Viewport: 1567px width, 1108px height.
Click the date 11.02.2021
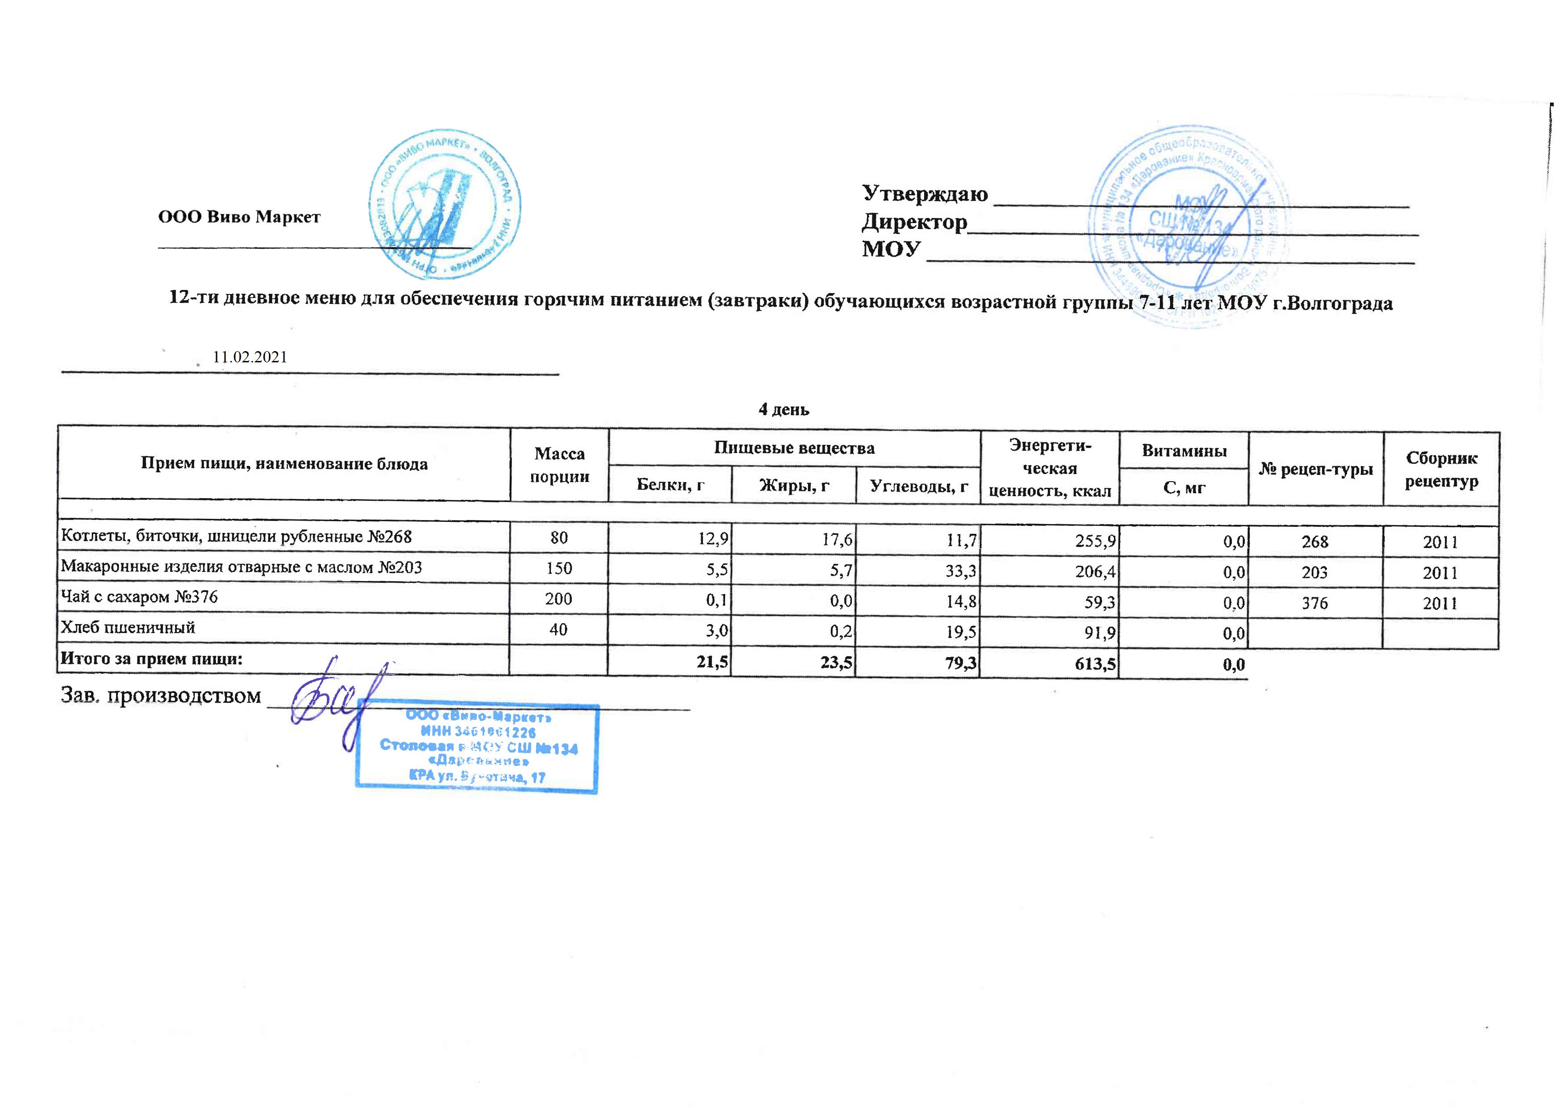tap(250, 357)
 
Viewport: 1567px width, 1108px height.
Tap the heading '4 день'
tap(783, 410)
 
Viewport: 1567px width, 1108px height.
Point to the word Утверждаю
tap(924, 194)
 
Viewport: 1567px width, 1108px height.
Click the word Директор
tap(914, 222)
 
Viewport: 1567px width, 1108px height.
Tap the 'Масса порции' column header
tap(559, 465)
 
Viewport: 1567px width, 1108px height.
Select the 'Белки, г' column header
tap(670, 485)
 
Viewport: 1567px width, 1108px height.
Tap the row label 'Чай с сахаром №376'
tap(139, 597)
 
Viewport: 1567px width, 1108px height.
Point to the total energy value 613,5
tap(1095, 663)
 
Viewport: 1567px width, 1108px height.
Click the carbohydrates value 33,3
tap(960, 571)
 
